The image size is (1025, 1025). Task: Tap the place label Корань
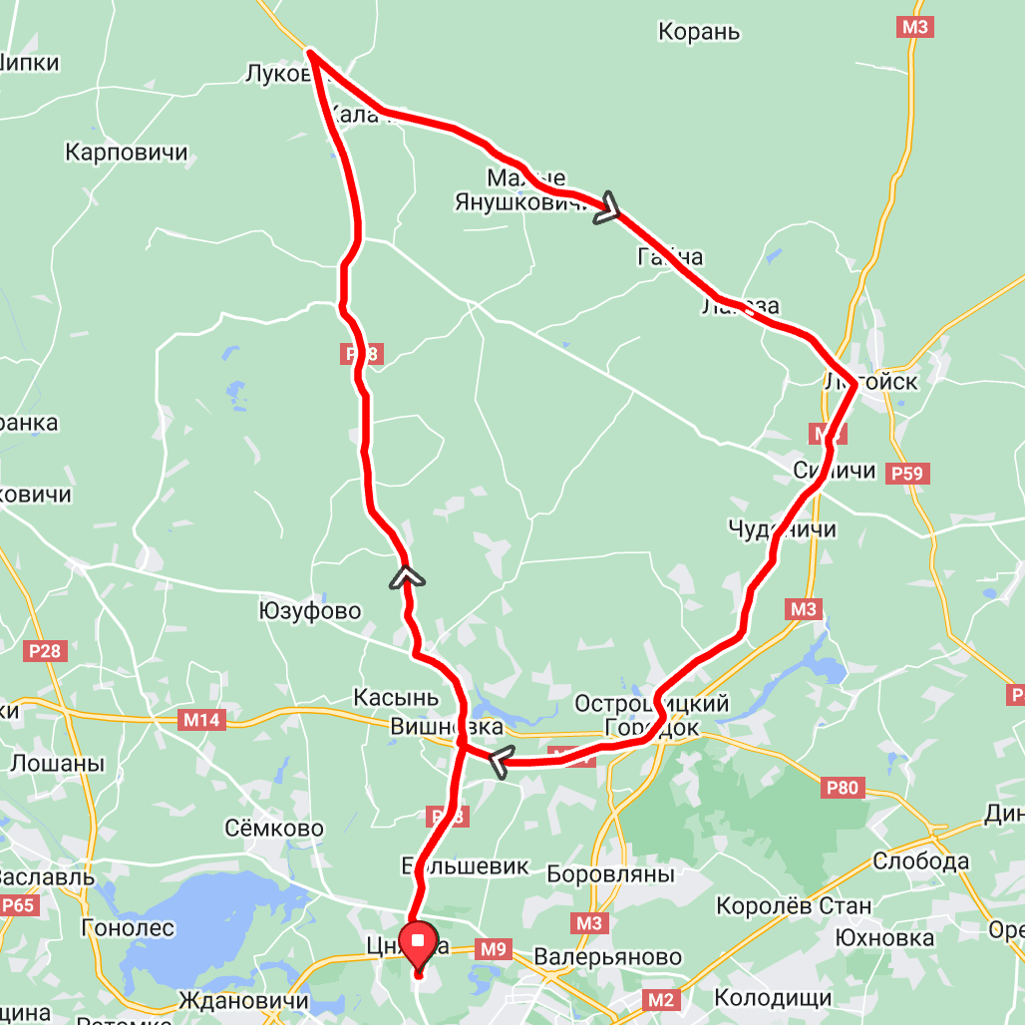point(699,32)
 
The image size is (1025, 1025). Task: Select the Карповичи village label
point(127,153)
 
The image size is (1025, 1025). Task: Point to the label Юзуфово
point(309,611)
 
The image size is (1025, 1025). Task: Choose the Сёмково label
point(274,829)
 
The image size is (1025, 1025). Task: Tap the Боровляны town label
point(610,874)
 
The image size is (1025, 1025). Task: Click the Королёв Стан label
point(794,906)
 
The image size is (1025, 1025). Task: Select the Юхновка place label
point(885,938)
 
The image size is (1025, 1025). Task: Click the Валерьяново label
point(608,958)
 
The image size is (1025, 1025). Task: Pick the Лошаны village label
point(57,764)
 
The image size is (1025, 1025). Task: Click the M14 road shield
point(203,720)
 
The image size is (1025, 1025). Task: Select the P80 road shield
point(842,789)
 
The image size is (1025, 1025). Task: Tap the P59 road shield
point(907,474)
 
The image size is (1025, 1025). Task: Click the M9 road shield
point(493,949)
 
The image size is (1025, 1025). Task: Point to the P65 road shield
point(18,905)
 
